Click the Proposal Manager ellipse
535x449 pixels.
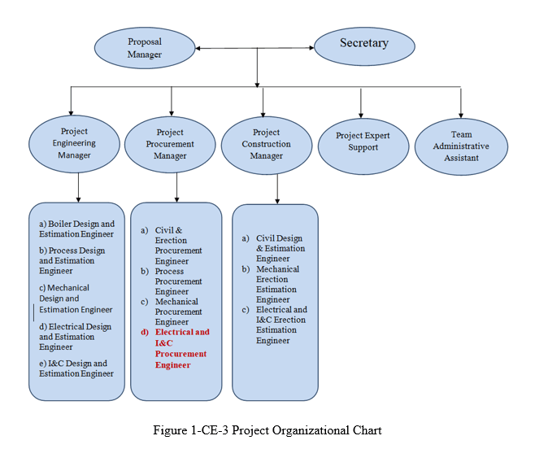point(145,48)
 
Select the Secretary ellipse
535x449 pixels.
point(363,44)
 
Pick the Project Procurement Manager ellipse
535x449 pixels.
point(170,144)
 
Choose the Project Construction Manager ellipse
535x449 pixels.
point(266,145)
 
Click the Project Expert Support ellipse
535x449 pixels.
point(363,142)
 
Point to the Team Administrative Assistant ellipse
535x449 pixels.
point(461,146)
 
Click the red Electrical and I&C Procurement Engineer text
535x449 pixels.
point(182,349)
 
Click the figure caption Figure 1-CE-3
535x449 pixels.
point(267,430)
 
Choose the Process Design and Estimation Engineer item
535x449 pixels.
point(73,261)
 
